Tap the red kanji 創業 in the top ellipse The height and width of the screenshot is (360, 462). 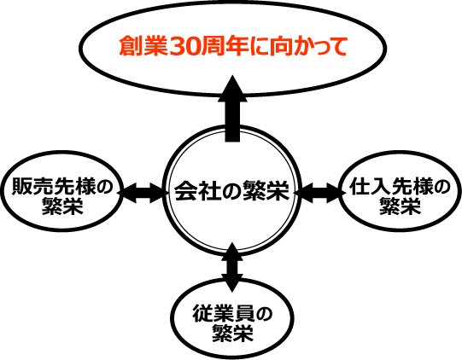pyautogui.click(x=144, y=46)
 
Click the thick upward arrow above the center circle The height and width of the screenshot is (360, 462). pyautogui.click(x=232, y=108)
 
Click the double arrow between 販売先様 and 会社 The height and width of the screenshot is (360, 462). pyautogui.click(x=143, y=193)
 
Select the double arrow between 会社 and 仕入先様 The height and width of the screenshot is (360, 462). pyautogui.click(x=320, y=193)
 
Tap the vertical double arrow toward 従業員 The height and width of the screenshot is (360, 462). pyautogui.click(x=232, y=267)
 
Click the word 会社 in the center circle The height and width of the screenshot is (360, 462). pyautogui.click(x=194, y=191)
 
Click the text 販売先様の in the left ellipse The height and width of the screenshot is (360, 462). pyautogui.click(x=62, y=186)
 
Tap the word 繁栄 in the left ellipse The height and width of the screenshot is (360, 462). pyautogui.click(x=62, y=206)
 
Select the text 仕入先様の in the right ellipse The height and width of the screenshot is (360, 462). pyautogui.click(x=400, y=186)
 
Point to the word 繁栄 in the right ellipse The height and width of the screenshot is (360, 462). pyautogui.click(x=401, y=206)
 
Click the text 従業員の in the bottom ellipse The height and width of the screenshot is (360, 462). pyautogui.click(x=232, y=314)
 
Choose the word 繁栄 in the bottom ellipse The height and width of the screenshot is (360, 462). pyautogui.click(x=233, y=334)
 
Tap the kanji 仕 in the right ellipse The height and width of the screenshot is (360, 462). pyautogui.click(x=360, y=186)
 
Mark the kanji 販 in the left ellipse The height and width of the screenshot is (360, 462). pyautogui.click(x=22, y=186)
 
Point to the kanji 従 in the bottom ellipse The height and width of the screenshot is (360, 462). pyautogui.click(x=202, y=314)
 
